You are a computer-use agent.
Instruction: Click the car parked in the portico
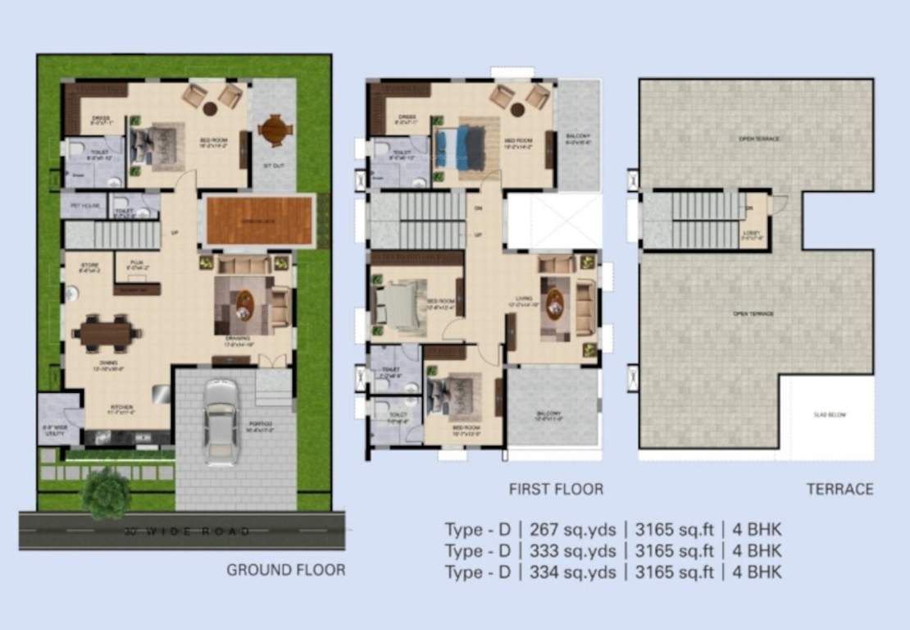[221, 421]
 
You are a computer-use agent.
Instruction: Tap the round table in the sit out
[274, 130]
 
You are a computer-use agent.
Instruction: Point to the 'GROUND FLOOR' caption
[285, 569]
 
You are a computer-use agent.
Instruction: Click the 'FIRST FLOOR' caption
[556, 490]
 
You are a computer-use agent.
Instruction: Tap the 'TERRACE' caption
[839, 490]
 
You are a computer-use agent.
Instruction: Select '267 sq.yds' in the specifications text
[565, 529]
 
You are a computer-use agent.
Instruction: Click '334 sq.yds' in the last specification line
[565, 572]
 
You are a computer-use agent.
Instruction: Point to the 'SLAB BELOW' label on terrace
[829, 415]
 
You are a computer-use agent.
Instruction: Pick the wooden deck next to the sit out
[259, 220]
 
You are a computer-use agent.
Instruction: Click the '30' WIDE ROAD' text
[187, 532]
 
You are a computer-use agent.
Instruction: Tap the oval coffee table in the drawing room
[245, 305]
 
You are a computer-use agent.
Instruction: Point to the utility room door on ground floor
[74, 418]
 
